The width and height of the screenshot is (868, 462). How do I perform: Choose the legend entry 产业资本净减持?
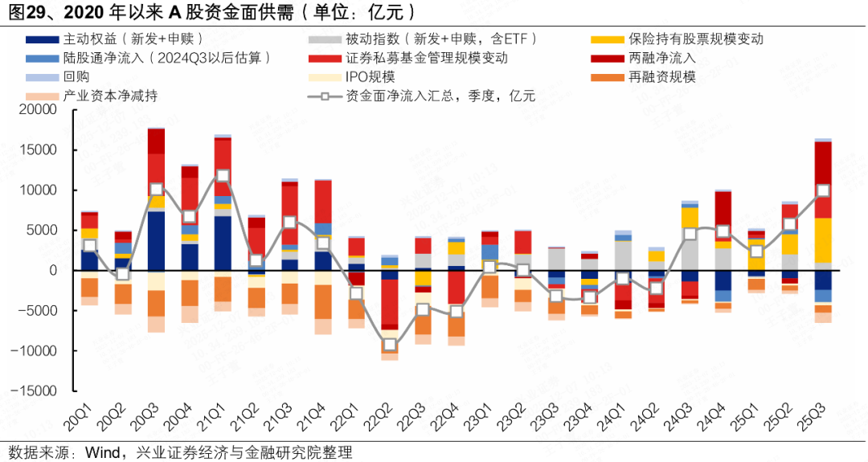point(110,96)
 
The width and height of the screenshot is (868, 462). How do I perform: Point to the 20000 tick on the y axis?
point(36,109)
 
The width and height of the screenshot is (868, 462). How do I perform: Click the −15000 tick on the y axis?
point(32,390)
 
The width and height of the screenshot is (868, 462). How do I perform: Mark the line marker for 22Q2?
point(390,345)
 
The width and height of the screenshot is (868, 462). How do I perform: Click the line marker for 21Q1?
point(223,175)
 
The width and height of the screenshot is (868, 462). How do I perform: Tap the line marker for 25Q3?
point(823,190)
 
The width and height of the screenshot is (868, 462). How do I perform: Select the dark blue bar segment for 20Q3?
point(156,240)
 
